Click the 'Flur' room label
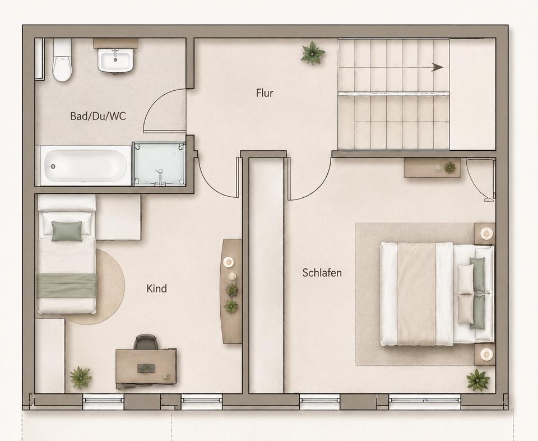(265, 93)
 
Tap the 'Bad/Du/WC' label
(98, 116)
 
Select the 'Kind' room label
(157, 288)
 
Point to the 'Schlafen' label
(322, 273)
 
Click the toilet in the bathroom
(62, 60)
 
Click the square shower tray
(159, 164)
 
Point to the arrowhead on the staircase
(438, 67)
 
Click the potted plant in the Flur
(313, 53)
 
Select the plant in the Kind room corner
(81, 378)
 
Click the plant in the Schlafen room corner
(478, 380)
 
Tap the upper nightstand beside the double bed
(484, 234)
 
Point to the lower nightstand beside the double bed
(484, 355)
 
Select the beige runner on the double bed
(416, 294)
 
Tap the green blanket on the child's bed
(66, 286)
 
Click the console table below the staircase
(432, 168)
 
